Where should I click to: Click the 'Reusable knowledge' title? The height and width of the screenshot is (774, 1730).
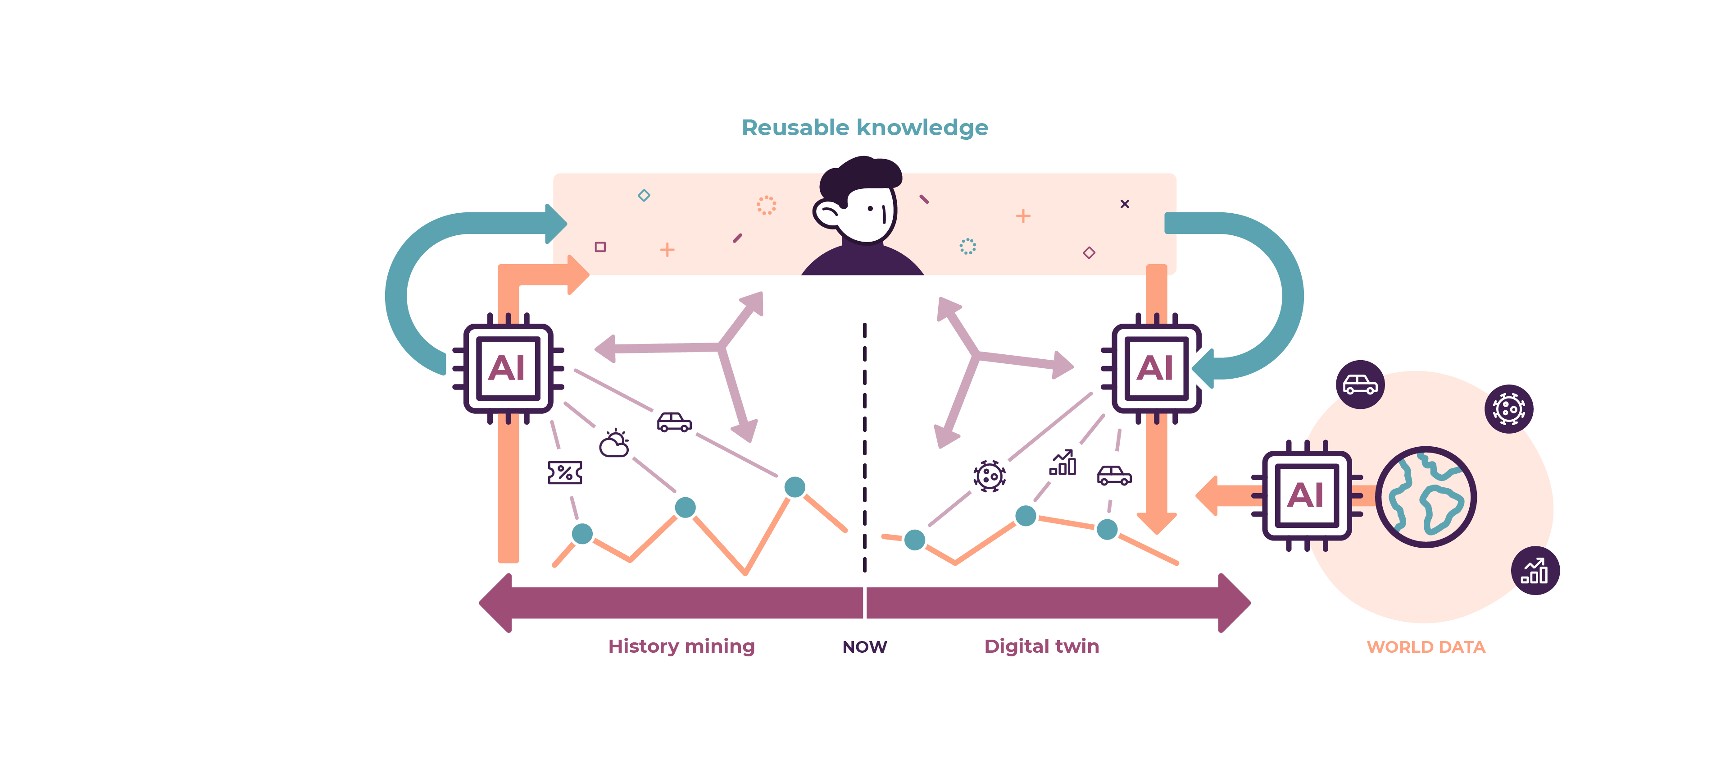point(864,128)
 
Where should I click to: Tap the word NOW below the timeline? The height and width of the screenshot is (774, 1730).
point(864,646)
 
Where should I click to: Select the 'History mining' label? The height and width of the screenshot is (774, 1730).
point(681,646)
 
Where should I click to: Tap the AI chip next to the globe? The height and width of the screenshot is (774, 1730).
point(1306,496)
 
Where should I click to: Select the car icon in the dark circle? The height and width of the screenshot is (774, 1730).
point(1360,385)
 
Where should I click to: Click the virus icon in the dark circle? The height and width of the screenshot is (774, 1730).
point(1508,408)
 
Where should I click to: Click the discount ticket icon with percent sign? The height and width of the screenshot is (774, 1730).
point(565,472)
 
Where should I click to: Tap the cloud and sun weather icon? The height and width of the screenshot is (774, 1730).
point(614,444)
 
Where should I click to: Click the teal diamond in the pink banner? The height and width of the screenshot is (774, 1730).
point(643,196)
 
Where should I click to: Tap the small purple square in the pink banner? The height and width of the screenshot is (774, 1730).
point(600,247)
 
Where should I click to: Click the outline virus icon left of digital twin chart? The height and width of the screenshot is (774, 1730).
point(989,476)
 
